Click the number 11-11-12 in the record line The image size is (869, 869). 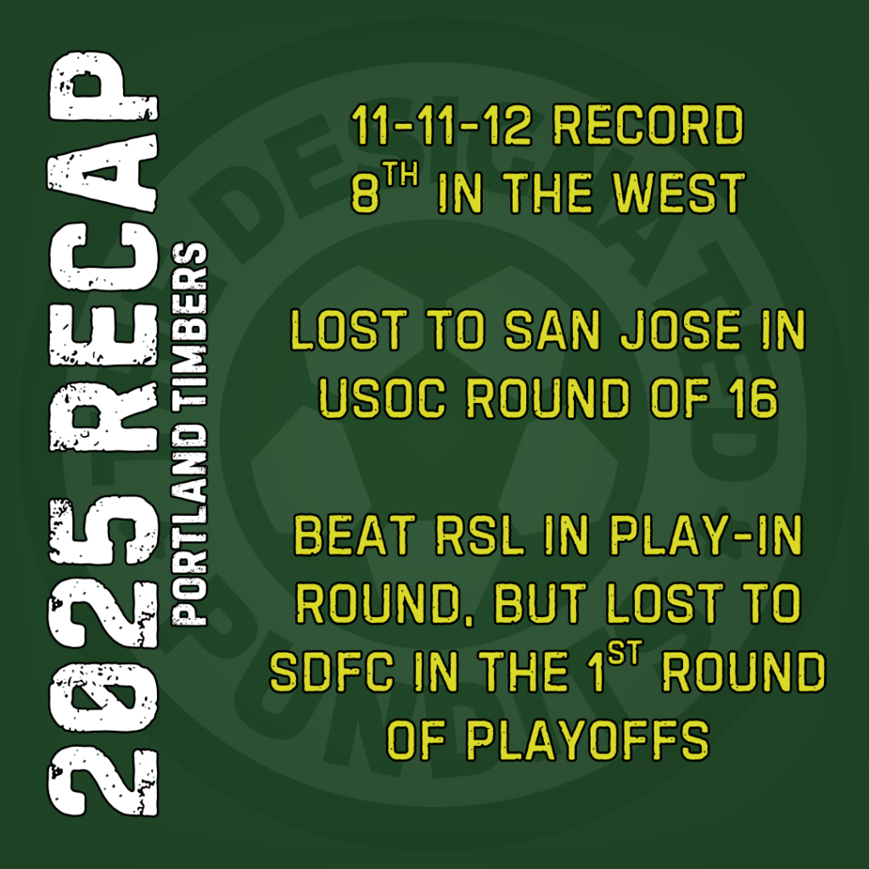(441, 126)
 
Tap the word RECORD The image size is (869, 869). (648, 126)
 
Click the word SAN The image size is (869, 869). (552, 330)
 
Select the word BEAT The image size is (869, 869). (355, 535)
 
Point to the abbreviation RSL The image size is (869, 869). (480, 535)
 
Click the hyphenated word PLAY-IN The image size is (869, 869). (706, 535)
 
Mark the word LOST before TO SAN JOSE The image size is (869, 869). (349, 330)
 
